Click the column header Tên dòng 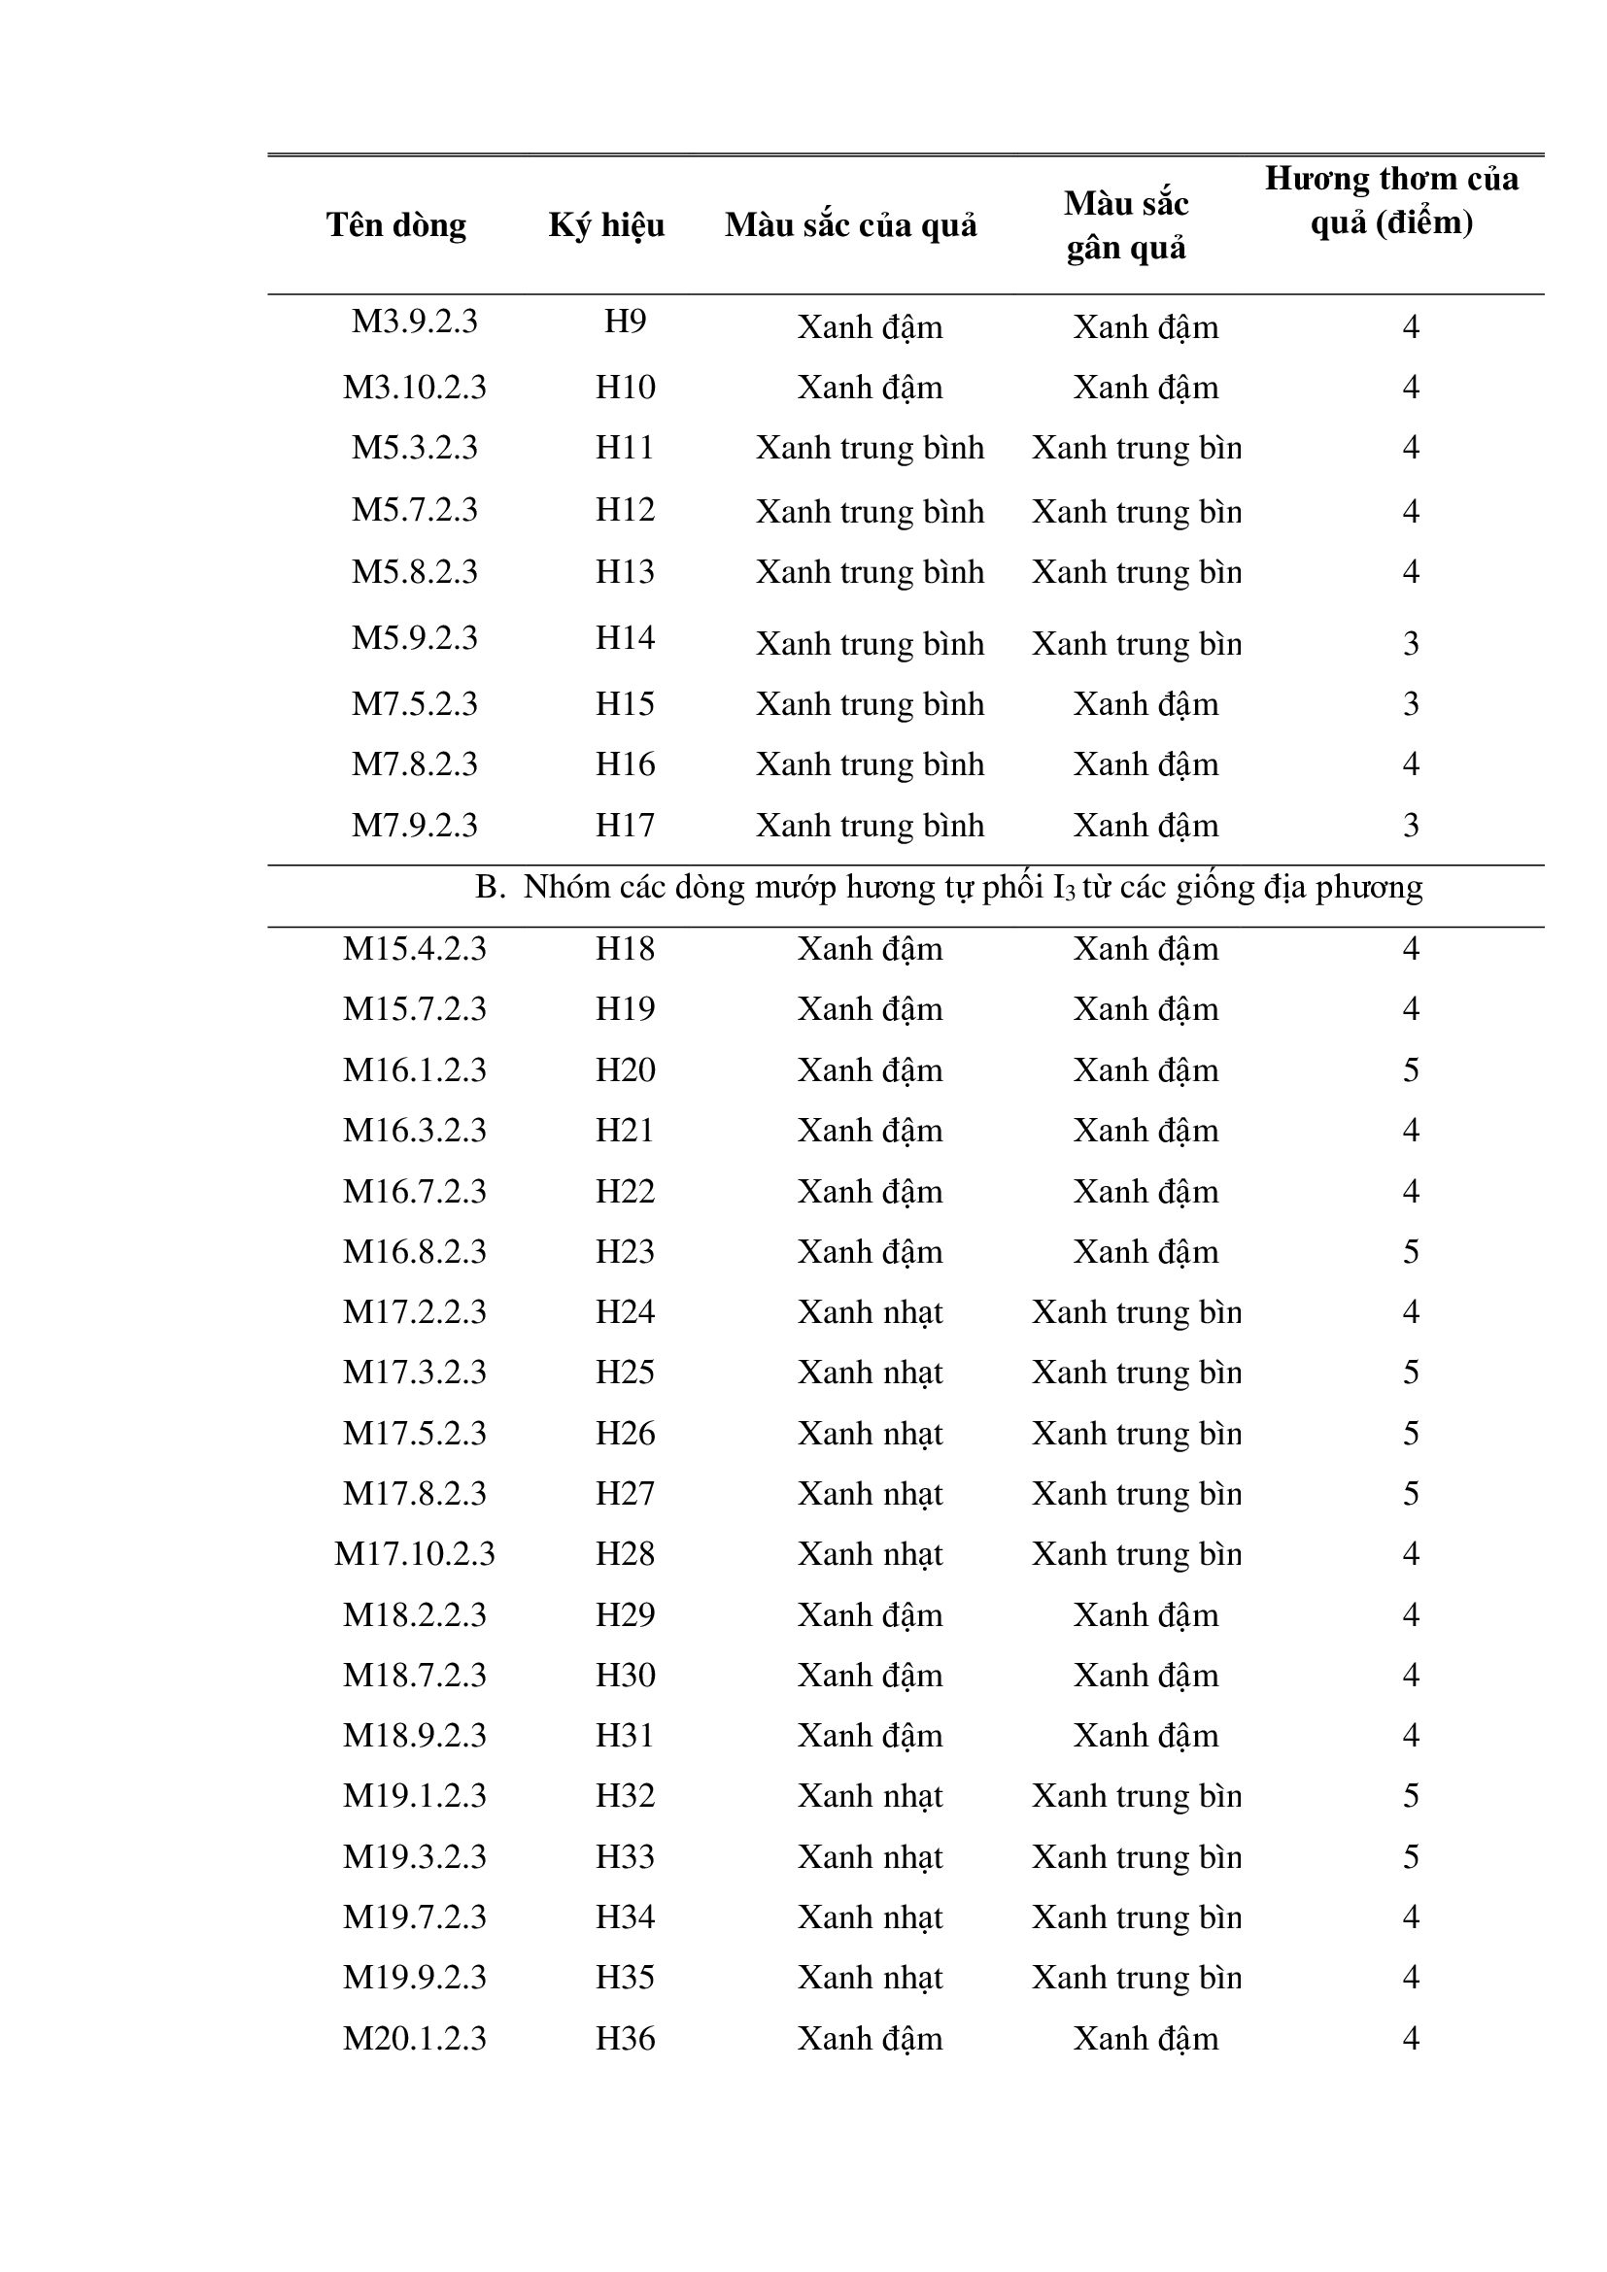tap(395, 225)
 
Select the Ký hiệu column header tap(606, 225)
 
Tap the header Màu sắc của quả tap(850, 225)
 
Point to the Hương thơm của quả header tap(1390, 201)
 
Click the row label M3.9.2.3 tap(415, 322)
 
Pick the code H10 tap(625, 387)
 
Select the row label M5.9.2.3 tap(415, 638)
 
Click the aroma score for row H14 tap(1410, 644)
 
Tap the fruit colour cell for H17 tap(870, 826)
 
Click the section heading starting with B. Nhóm tap(948, 888)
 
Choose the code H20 tap(625, 1069)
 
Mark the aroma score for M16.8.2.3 tap(1410, 1252)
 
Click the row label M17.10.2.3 tap(415, 1553)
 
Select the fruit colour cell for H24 tap(870, 1312)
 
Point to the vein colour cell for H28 tap(1136, 1553)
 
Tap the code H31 tap(625, 1735)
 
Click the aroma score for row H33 tap(1410, 1856)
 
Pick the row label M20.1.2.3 tap(415, 2039)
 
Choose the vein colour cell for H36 tap(1145, 2039)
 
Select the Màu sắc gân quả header tap(1126, 225)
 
